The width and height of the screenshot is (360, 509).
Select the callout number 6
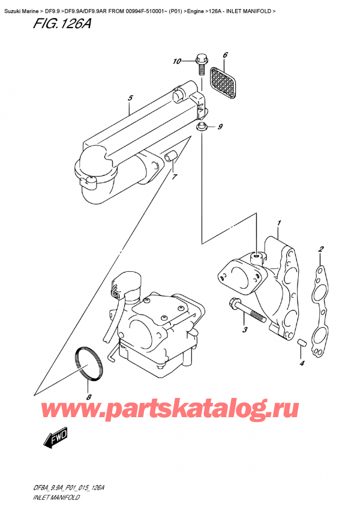225,56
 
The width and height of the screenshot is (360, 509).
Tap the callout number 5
130,97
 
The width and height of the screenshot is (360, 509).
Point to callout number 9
220,127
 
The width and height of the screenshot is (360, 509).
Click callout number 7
175,177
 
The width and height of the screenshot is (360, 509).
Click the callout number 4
302,363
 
